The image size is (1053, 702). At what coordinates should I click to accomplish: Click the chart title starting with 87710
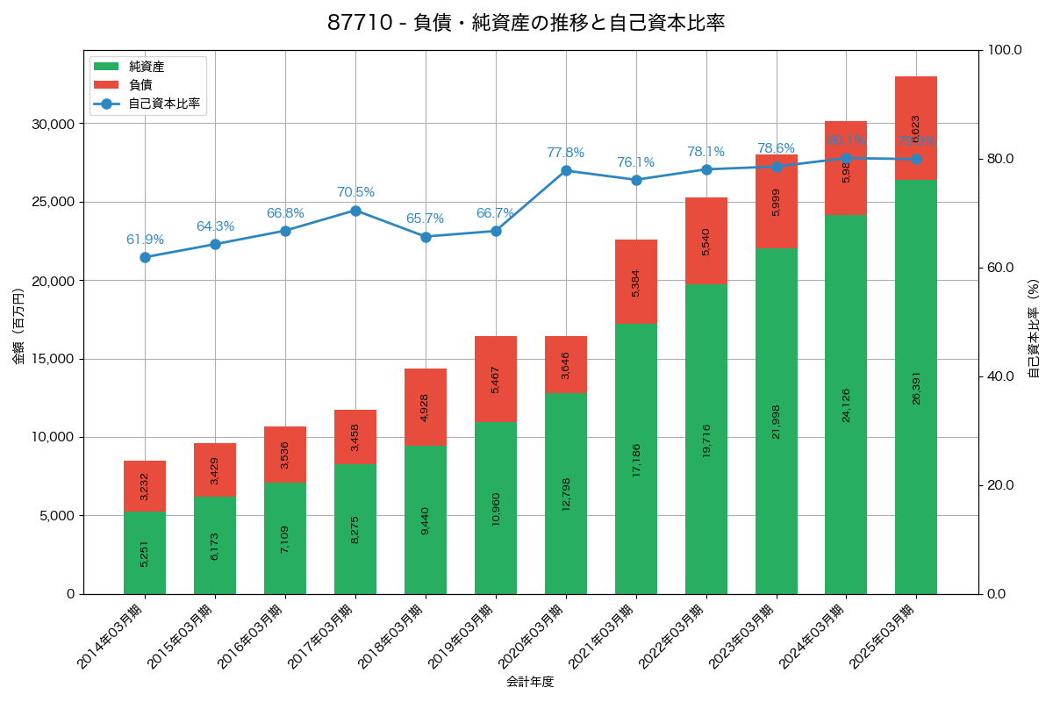pyautogui.click(x=526, y=24)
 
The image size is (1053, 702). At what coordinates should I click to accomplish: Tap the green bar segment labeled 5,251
pyautogui.click(x=145, y=553)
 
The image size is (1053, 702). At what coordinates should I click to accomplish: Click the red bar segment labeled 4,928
pyautogui.click(x=426, y=407)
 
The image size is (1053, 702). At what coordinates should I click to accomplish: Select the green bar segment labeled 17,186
pyautogui.click(x=636, y=459)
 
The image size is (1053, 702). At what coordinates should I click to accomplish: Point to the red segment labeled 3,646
pyautogui.click(x=566, y=364)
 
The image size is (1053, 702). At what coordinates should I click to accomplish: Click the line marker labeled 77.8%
pyautogui.click(x=566, y=170)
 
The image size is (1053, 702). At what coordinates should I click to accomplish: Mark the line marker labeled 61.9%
pyautogui.click(x=145, y=257)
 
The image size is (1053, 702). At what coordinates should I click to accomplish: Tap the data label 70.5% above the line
pyautogui.click(x=355, y=192)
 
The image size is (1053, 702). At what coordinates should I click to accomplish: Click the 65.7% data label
pyautogui.click(x=425, y=218)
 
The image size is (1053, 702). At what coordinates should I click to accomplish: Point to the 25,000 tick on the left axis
pyautogui.click(x=53, y=202)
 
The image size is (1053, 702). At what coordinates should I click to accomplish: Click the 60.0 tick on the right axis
pyautogui.click(x=999, y=268)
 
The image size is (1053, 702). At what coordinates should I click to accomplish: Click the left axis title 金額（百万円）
pyautogui.click(x=18, y=326)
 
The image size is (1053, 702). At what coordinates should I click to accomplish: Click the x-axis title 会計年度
pyautogui.click(x=530, y=682)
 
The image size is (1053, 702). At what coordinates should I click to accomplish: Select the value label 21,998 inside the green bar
pyautogui.click(x=777, y=421)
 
